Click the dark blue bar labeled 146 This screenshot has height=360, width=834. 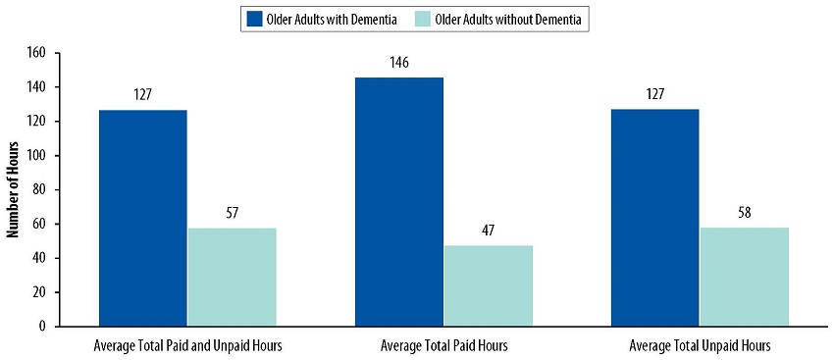tap(399, 201)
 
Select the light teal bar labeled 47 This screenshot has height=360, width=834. tap(488, 285)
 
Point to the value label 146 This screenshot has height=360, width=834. tap(399, 63)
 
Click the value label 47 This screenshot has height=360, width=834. tap(488, 231)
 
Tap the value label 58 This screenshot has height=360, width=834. tap(744, 213)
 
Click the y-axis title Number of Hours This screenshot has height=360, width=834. tap(15, 189)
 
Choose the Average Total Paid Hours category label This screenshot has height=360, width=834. tap(443, 346)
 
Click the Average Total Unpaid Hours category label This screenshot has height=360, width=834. tap(700, 346)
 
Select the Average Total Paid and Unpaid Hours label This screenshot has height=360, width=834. tap(187, 346)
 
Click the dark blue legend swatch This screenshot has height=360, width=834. tap(251, 19)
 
